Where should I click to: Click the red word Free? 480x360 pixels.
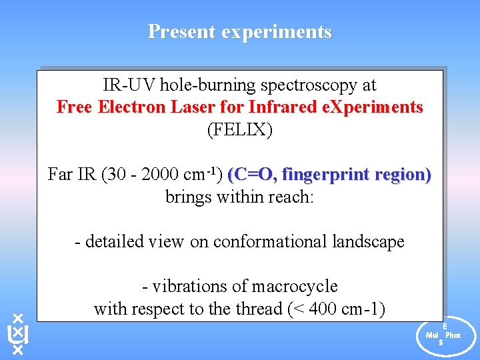click(75, 107)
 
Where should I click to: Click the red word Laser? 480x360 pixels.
click(187, 107)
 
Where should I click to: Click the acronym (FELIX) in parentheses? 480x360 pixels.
click(240, 129)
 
